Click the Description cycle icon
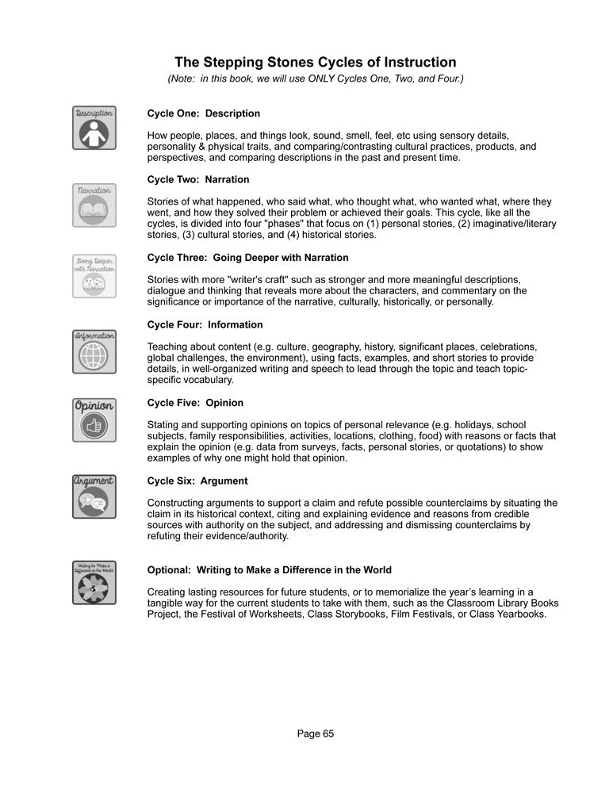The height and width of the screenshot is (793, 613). (x=94, y=128)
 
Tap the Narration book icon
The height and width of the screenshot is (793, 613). (x=94, y=205)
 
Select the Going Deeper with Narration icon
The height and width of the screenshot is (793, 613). (x=94, y=275)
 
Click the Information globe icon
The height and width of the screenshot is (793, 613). (x=94, y=351)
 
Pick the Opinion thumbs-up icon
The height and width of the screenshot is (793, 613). (x=94, y=420)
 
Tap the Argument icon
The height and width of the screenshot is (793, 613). (x=94, y=496)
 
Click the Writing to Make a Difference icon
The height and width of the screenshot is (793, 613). (x=94, y=581)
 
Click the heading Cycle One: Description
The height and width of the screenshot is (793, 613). (x=203, y=113)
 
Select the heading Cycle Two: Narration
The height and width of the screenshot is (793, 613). (x=198, y=179)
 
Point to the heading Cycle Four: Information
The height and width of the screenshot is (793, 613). (x=205, y=324)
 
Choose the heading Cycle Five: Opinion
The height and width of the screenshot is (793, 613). (x=195, y=403)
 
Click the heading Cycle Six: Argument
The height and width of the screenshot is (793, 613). (x=197, y=481)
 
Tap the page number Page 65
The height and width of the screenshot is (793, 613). (x=316, y=734)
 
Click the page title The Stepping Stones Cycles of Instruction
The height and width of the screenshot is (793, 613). (x=315, y=62)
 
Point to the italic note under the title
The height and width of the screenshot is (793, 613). (x=315, y=79)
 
